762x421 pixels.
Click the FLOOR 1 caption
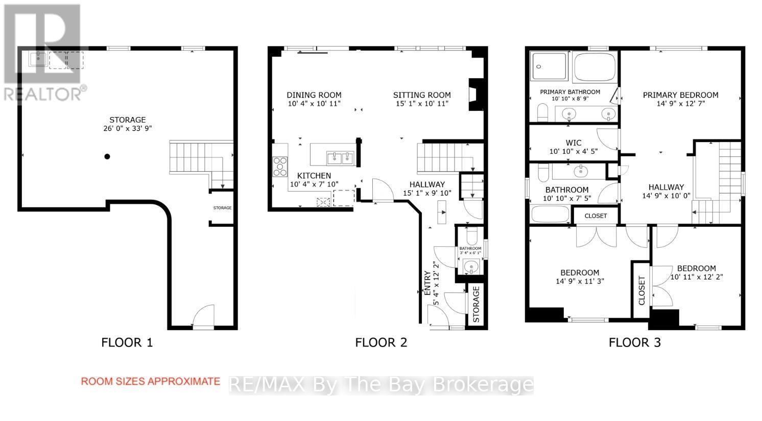[x=127, y=342]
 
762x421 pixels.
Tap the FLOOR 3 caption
[x=634, y=342]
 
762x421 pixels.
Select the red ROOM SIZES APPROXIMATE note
[x=151, y=381]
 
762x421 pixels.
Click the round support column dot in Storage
[x=107, y=156]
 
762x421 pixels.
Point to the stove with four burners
[x=280, y=167]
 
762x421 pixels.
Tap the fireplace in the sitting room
[x=474, y=95]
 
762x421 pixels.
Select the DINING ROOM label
[x=314, y=95]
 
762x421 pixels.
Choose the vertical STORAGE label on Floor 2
[x=476, y=304]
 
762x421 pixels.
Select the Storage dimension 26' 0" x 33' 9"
[x=127, y=129]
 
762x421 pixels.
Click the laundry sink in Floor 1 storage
[x=38, y=59]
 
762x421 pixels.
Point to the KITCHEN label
[x=314, y=176]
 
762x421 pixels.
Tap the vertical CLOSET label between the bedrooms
[x=641, y=290]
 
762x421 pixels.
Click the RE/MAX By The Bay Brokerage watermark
[x=381, y=385]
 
